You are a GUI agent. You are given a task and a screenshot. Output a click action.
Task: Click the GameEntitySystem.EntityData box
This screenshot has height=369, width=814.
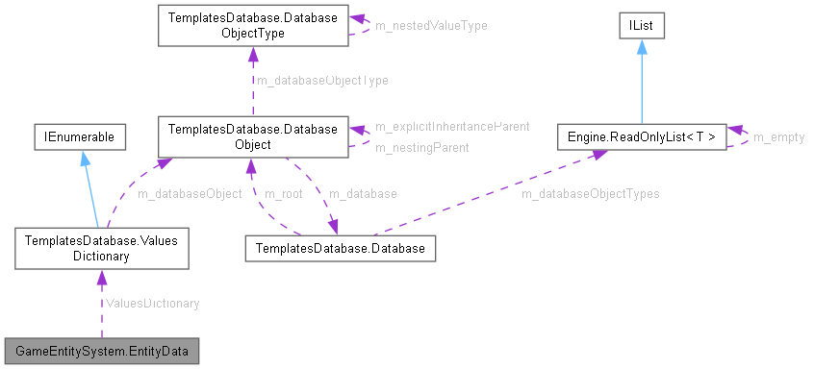(x=101, y=350)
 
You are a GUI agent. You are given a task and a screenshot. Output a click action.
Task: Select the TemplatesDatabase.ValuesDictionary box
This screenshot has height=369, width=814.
(x=100, y=249)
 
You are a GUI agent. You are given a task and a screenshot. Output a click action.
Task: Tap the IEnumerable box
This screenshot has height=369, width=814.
(x=77, y=137)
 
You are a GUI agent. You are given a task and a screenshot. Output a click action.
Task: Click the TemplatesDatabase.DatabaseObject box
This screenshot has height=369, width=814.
(x=253, y=136)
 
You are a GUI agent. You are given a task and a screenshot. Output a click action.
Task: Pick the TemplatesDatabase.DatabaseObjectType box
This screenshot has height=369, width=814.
(x=253, y=25)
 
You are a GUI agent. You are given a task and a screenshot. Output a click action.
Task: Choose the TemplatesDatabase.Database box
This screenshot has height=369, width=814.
(x=342, y=249)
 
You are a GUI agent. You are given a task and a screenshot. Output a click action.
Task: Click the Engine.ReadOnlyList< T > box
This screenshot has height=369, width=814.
(x=640, y=137)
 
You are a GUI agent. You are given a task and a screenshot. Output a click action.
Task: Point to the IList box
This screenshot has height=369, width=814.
(x=641, y=26)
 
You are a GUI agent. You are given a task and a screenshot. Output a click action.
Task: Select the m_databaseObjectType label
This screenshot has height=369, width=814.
(x=321, y=81)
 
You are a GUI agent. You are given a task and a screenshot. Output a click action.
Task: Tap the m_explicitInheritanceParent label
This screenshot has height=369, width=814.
(x=452, y=127)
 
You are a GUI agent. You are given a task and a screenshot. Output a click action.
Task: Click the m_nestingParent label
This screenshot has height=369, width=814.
(x=422, y=148)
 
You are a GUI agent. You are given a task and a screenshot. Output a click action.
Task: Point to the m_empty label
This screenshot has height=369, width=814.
(x=778, y=137)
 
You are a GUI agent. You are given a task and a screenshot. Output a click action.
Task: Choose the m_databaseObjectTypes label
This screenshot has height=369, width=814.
(x=590, y=193)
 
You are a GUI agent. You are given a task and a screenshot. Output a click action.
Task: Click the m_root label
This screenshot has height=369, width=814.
(x=285, y=193)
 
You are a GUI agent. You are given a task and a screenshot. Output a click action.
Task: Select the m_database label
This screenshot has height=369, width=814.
(x=363, y=193)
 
